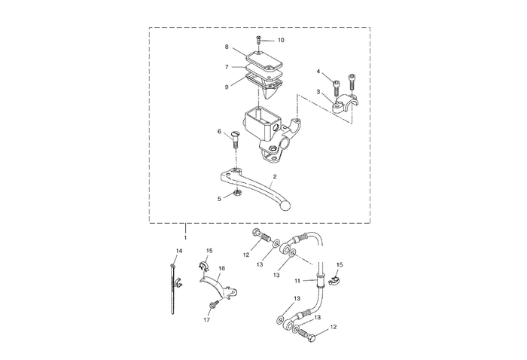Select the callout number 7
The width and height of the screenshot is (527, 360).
[227, 66]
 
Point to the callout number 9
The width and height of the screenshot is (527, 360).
[227, 87]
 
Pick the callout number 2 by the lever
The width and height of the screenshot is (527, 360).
[275, 177]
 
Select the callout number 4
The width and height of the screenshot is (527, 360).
[318, 72]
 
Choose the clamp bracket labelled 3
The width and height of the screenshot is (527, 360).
[347, 106]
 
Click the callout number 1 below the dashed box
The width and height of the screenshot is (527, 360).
[186, 236]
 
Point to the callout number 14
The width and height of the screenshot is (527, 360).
[179, 250]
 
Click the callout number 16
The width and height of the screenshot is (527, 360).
[221, 267]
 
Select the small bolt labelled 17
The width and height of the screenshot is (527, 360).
[213, 305]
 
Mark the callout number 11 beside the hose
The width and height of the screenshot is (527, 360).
[297, 280]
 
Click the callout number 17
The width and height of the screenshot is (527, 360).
[206, 320]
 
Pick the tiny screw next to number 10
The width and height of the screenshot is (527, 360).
[258, 39]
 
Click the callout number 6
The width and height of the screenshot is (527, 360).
[220, 132]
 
